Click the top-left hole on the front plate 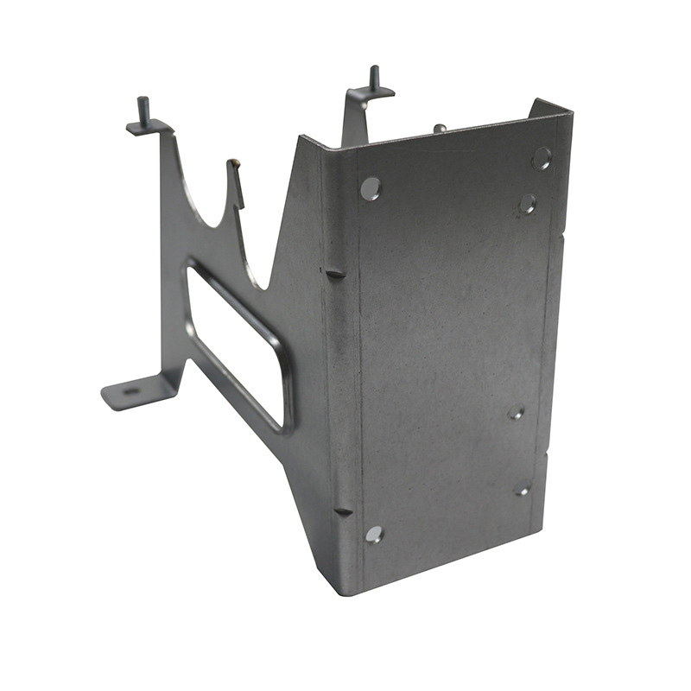click(370, 188)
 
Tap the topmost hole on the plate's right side click(542, 158)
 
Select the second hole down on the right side click(527, 205)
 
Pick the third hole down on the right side click(516, 412)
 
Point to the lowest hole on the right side click(523, 489)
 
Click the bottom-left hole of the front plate click(374, 534)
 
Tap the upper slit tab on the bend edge click(335, 273)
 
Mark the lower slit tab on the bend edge click(343, 511)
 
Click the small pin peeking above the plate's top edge click(440, 128)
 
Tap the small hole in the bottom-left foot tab click(131, 391)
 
